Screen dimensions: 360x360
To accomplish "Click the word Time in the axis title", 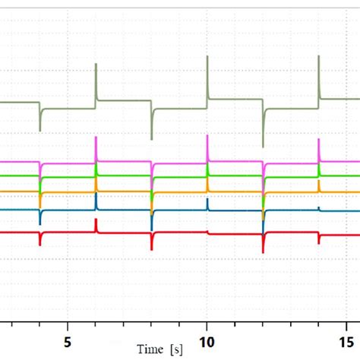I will coord(150,349).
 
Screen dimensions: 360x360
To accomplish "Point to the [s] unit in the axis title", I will coord(178,349).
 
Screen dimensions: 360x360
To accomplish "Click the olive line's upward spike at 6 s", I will coord(96,67).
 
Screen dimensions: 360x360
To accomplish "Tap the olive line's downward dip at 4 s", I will coord(40,128).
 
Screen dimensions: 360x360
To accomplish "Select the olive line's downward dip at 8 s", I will coord(151,137).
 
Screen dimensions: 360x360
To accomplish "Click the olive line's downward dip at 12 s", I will coord(263,144).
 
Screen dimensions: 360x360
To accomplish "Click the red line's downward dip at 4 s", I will coord(40,244).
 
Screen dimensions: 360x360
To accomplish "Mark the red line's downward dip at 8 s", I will coord(151,247).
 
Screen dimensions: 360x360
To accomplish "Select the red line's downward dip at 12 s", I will coord(263,251).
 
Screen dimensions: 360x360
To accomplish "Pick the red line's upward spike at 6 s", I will coord(96,221).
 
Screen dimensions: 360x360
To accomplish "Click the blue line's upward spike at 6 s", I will coord(96,196).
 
